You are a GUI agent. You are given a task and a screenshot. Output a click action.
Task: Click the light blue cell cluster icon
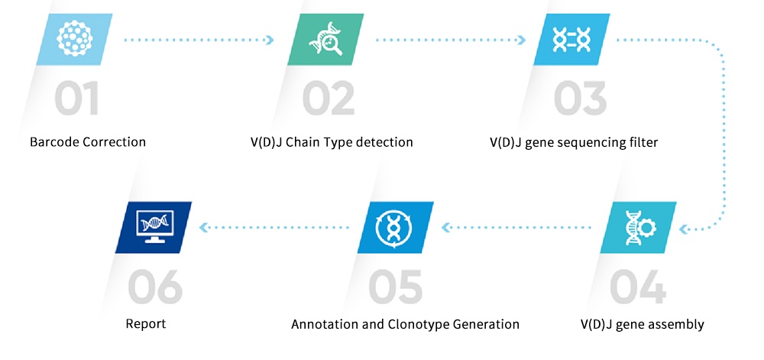tap(74, 40)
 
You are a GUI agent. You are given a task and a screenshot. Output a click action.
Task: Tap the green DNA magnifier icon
tap(325, 40)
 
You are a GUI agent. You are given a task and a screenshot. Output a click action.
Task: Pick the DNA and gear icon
tap(639, 228)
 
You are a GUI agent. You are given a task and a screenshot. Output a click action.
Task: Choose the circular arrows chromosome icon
tap(395, 228)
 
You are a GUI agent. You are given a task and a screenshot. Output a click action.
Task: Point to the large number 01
tap(76, 99)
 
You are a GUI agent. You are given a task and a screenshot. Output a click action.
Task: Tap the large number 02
tap(328, 99)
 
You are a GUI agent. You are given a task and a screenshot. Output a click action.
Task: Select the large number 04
tap(638, 287)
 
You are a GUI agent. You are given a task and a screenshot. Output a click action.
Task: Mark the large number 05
tap(395, 287)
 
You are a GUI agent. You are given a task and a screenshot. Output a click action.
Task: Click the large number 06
tap(155, 287)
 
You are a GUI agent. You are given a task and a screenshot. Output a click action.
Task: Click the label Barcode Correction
tap(88, 142)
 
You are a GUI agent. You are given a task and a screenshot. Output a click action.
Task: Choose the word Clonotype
tap(417, 324)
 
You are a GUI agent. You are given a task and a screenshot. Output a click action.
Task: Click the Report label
tap(146, 324)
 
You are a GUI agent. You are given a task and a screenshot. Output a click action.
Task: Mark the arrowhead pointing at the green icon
tap(270, 40)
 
